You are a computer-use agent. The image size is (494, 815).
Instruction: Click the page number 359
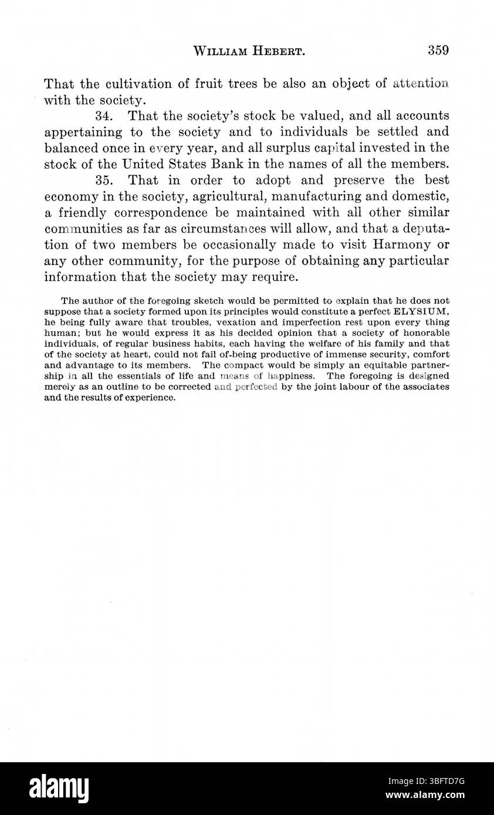tap(438, 50)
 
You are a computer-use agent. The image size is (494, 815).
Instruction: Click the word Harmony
tap(396, 244)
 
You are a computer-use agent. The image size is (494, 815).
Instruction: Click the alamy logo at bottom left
tap(59, 788)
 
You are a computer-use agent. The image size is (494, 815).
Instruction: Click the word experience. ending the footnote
tap(150, 398)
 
